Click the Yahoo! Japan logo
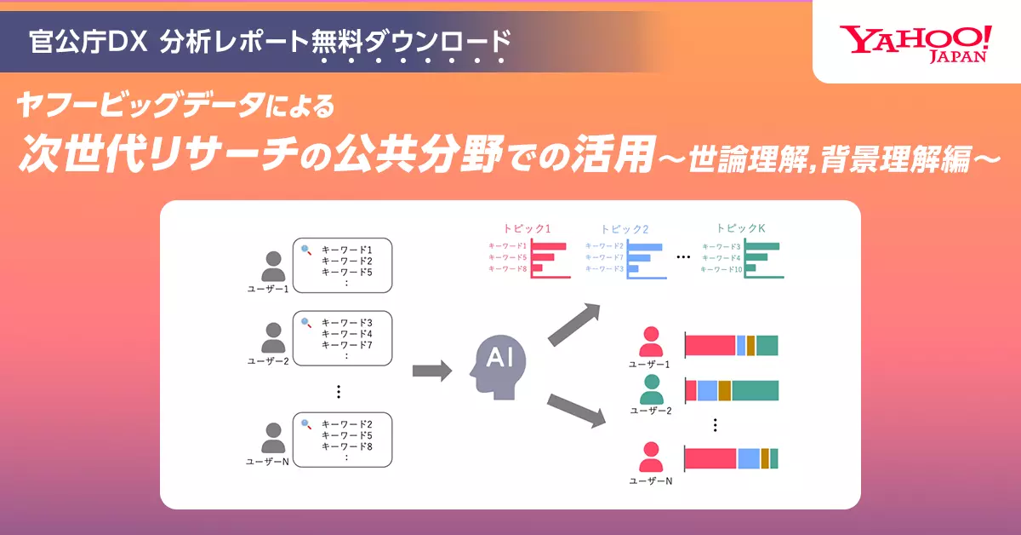(x=915, y=44)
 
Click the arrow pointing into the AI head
(x=432, y=371)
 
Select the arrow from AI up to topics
(x=574, y=325)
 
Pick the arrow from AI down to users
(x=576, y=411)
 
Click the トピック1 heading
(x=527, y=228)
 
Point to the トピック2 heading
(x=625, y=228)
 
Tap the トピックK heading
(x=741, y=227)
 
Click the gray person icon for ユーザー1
(x=273, y=266)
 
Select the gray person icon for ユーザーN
(x=273, y=438)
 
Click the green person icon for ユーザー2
(x=652, y=389)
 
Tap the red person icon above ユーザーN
(x=651, y=457)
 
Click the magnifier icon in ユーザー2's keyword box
(x=306, y=323)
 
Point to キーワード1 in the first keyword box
(x=347, y=250)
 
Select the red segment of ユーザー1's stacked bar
(x=711, y=346)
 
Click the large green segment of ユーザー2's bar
(x=755, y=391)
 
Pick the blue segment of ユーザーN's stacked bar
(x=749, y=459)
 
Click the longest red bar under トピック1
(x=549, y=246)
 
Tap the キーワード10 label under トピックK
(x=722, y=269)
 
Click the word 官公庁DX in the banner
(x=88, y=42)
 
